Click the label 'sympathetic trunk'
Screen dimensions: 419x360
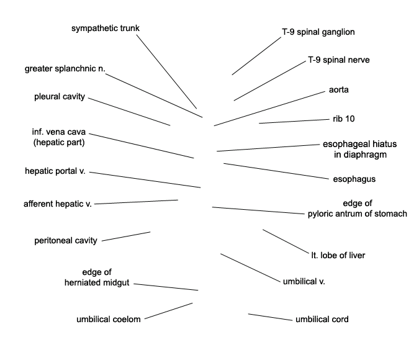click(106, 29)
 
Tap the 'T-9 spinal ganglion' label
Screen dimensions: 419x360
click(318, 32)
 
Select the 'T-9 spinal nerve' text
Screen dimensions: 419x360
click(339, 60)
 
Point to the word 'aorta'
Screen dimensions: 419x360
click(338, 90)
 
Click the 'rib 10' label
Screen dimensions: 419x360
click(344, 119)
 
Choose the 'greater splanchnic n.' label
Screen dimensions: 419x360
click(65, 69)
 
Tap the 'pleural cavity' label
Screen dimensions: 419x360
click(60, 96)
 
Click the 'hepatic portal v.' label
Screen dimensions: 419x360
click(55, 171)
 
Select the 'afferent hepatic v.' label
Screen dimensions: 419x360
click(58, 204)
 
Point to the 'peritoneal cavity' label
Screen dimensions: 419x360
click(66, 241)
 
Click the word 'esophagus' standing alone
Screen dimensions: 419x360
click(354, 179)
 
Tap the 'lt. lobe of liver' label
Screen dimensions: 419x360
click(338, 256)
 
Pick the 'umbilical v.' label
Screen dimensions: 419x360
click(304, 281)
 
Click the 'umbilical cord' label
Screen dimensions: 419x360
click(322, 320)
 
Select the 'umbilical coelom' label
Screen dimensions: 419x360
click(109, 320)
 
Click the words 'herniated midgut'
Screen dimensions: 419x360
click(97, 283)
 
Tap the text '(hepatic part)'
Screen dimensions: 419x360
click(59, 143)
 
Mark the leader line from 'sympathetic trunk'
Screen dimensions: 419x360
click(167, 72)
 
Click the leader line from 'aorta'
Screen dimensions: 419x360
click(269, 109)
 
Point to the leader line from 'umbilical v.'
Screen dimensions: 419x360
click(250, 268)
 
